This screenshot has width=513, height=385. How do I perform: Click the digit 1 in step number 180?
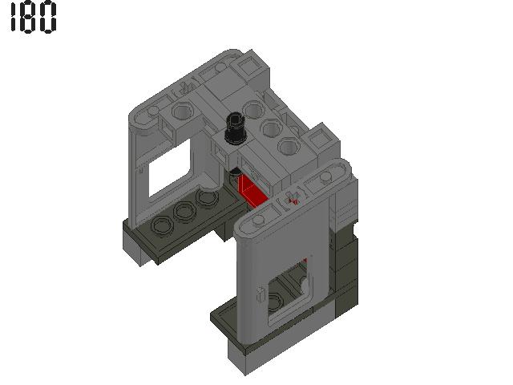coord(13,18)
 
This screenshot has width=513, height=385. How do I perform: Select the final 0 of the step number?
coord(48,18)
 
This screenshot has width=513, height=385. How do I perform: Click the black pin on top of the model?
coord(235,127)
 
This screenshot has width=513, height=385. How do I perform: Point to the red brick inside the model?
coord(251,192)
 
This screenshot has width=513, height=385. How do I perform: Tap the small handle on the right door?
coord(260,295)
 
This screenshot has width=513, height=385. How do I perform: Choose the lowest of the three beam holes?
coord(287,146)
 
